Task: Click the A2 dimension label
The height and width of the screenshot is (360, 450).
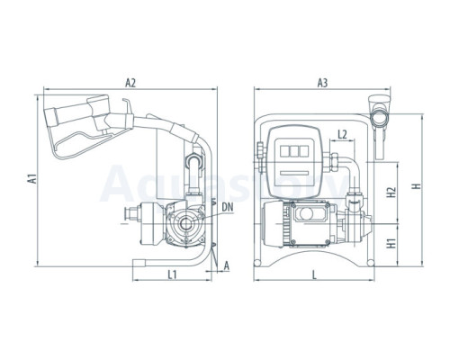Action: [130, 83]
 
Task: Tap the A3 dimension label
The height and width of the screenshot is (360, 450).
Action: [322, 83]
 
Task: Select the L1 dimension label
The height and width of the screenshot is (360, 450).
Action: [172, 274]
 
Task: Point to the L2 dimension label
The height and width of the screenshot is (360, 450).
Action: [342, 135]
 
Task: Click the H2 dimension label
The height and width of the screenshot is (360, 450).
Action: [391, 193]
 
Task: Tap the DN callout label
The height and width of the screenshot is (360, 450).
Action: [228, 207]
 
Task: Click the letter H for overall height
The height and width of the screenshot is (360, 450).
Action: [417, 186]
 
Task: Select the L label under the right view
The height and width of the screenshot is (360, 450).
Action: [314, 274]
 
